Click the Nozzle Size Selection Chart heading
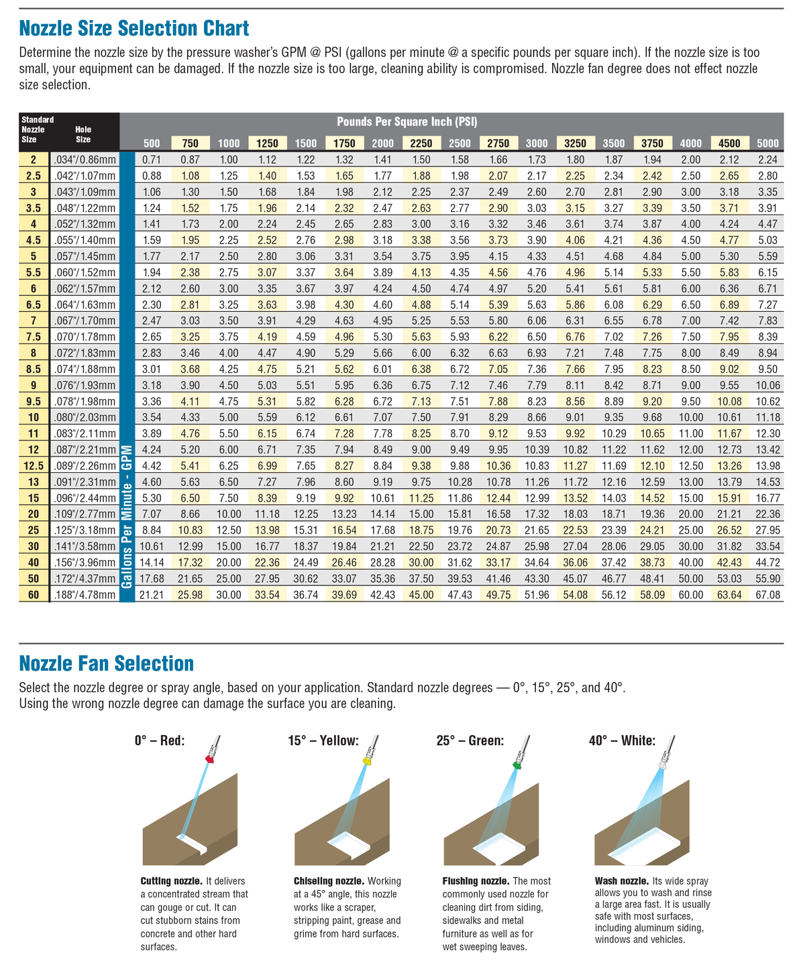pyautogui.click(x=134, y=28)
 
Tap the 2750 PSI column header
pyautogui.click(x=498, y=143)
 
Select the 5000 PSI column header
pyautogui.click(x=767, y=143)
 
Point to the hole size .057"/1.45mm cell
pyautogui.click(x=84, y=256)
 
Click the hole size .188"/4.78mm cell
pyautogui.click(x=84, y=594)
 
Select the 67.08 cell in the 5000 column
pyautogui.click(x=767, y=594)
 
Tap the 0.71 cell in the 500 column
pyautogui.click(x=152, y=160)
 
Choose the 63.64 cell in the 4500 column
pyautogui.click(x=729, y=594)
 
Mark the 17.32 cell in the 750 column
pyautogui.click(x=190, y=562)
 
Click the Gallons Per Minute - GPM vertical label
pyautogui.click(x=127, y=516)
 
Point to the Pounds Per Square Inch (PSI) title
pyautogui.click(x=407, y=122)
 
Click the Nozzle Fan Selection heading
pyautogui.click(x=107, y=664)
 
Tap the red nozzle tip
pyautogui.click(x=209, y=758)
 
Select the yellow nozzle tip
pyautogui.click(x=366, y=760)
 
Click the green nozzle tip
pyautogui.click(x=517, y=764)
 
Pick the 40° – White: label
pyautogui.click(x=622, y=741)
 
